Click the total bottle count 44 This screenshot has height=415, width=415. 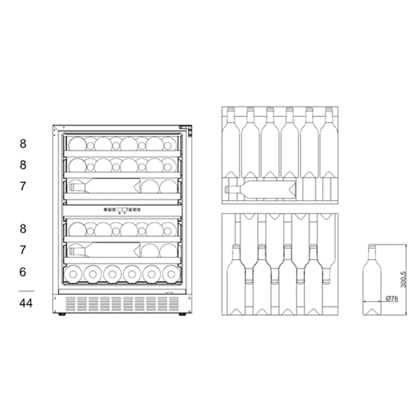(26, 303)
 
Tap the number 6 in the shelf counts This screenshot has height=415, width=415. (23, 272)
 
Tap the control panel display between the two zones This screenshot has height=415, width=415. (122, 210)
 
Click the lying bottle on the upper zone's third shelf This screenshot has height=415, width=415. (104, 187)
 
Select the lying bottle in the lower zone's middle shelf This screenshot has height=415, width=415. (104, 250)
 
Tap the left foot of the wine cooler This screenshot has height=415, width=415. (62, 314)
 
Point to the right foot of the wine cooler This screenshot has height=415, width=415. (182, 314)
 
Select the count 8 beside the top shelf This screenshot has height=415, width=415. (23, 144)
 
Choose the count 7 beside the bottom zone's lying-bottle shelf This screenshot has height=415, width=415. (23, 250)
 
